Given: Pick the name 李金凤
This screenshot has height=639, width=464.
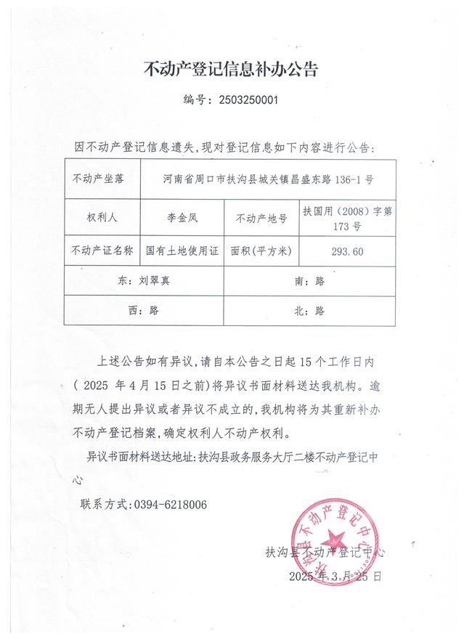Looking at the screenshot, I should [x=182, y=216].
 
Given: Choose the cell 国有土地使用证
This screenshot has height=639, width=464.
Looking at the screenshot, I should [x=182, y=251].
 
